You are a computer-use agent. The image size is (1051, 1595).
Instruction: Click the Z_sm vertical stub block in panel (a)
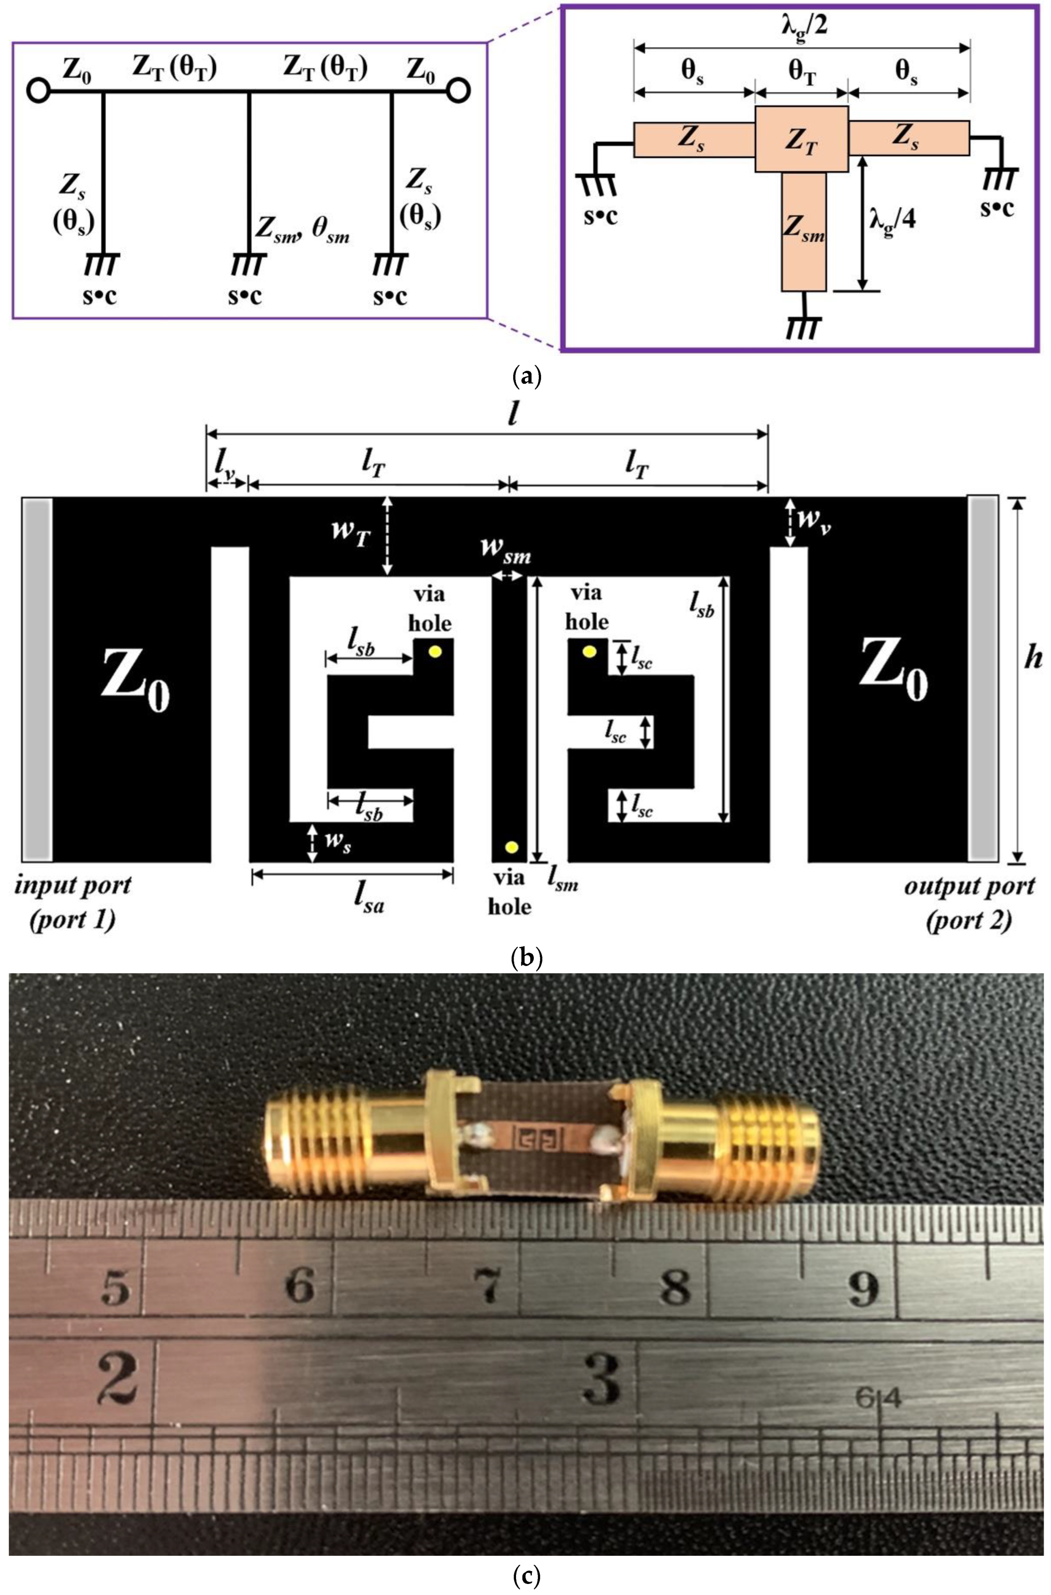click(803, 231)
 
